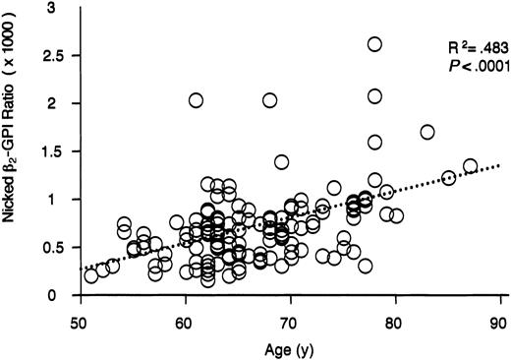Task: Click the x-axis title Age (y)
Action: pyautogui.click(x=289, y=346)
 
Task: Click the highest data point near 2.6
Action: pyautogui.click(x=374, y=44)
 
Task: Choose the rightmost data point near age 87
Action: pyautogui.click(x=470, y=166)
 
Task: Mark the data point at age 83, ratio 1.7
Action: pyautogui.click(x=427, y=132)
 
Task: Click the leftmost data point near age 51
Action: pyautogui.click(x=91, y=275)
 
